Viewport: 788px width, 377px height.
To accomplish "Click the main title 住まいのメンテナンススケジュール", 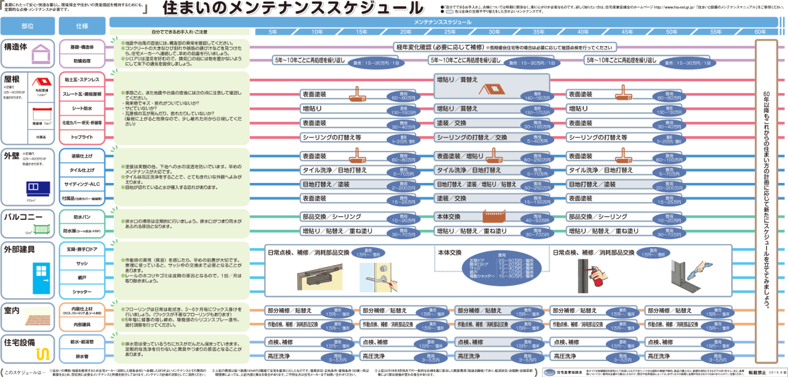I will click(292, 8).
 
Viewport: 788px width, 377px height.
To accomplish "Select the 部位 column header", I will click(27, 26).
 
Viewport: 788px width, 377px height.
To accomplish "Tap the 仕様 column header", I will click(82, 26).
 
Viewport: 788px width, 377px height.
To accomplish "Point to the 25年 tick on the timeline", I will click(450, 31).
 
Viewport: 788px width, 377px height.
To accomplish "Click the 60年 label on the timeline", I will click(761, 31).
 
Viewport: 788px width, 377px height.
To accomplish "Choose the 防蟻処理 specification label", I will click(82, 61).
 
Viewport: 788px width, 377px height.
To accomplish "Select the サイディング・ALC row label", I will click(82, 184).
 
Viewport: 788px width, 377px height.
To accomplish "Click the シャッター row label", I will click(82, 292).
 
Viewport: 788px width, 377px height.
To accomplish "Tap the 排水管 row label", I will click(82, 356).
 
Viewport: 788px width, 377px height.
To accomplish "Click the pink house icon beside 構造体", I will click(41, 54).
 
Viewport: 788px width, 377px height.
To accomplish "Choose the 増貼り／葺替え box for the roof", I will click(457, 79).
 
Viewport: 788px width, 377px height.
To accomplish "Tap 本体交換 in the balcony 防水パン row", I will click(449, 217).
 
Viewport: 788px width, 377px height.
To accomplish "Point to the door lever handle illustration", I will click(382, 279).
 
